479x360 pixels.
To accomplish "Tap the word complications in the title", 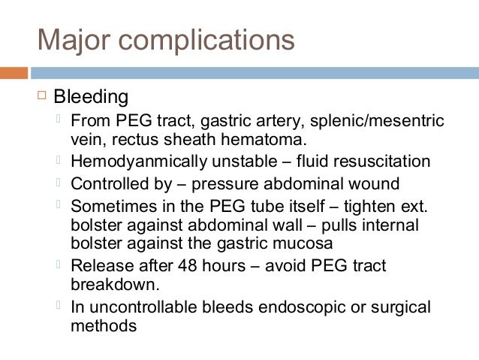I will [205, 41].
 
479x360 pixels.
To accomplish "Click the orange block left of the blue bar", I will [14, 73].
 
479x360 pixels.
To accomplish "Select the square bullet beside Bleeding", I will [41, 95].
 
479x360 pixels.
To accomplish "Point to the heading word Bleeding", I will [90, 98].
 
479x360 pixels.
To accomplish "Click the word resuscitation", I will [383, 162].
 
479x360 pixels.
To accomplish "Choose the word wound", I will [369, 183].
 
